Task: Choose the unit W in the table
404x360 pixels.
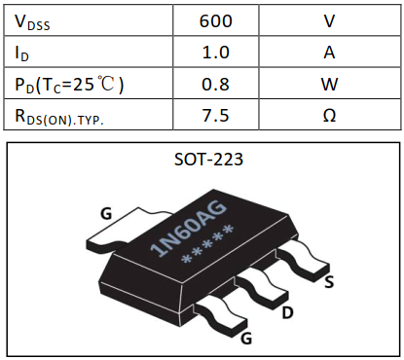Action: coord(329,84)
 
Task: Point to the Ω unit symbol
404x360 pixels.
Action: coord(329,115)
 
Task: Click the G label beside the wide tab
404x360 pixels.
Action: coord(105,212)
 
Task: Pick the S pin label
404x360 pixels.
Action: coord(330,283)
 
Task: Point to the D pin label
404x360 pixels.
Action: coord(287,314)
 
